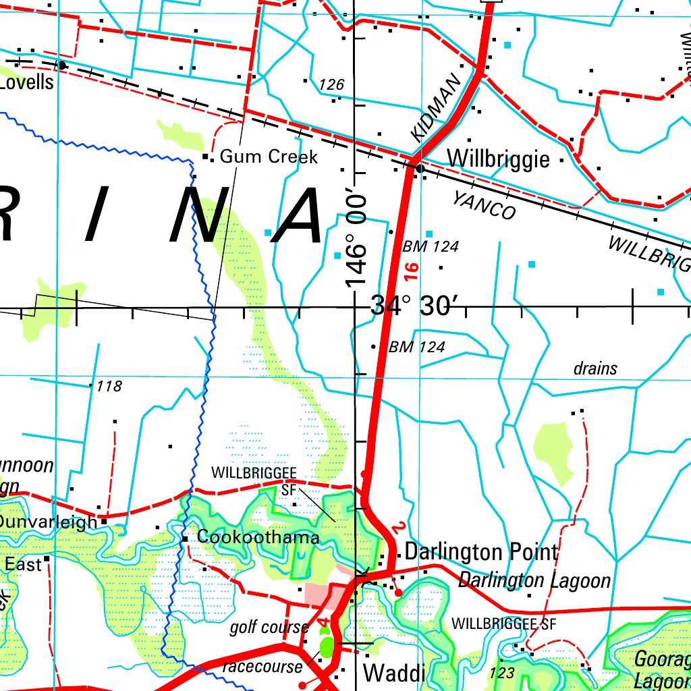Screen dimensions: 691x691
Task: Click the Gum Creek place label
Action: click(269, 157)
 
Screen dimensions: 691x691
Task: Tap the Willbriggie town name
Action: click(498, 159)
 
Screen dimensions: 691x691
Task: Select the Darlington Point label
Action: click(481, 552)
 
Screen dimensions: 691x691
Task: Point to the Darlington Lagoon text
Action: click(534, 580)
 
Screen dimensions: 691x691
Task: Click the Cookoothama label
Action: click(258, 538)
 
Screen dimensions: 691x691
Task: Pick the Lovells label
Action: click(27, 82)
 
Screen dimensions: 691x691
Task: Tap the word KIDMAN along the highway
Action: click(436, 108)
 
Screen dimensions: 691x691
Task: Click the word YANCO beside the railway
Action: click(484, 205)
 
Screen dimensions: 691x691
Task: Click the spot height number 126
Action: click(332, 85)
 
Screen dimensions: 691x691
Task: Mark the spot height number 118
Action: click(109, 387)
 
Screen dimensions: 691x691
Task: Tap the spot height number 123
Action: click(503, 673)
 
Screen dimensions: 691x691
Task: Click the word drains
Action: click(595, 369)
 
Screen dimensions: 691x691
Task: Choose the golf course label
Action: click(269, 628)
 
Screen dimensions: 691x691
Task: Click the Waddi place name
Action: click(394, 673)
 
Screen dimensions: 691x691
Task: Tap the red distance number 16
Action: click(412, 272)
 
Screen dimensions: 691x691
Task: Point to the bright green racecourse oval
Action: click(327, 646)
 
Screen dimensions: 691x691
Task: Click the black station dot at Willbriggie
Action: click(419, 168)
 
